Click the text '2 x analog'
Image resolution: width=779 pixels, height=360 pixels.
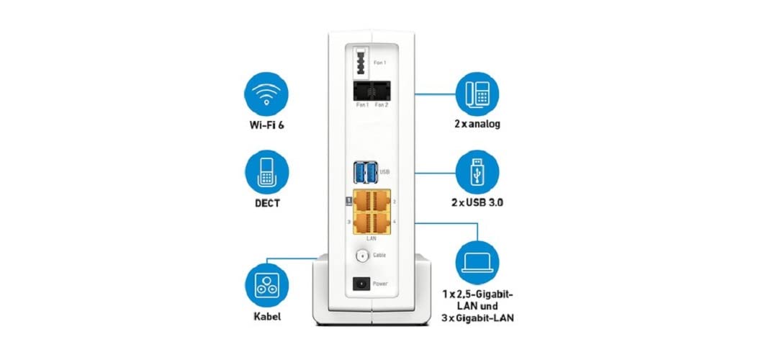click(x=477, y=125)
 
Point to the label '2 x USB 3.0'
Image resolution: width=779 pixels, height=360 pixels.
click(x=477, y=203)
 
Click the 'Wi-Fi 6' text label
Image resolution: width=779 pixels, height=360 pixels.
click(x=263, y=125)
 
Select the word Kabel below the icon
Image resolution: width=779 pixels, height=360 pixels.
click(x=262, y=317)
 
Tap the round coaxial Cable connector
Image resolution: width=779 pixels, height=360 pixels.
click(x=359, y=255)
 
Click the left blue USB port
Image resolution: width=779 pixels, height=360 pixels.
click(x=359, y=172)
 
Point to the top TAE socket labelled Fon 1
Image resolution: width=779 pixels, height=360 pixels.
click(x=359, y=60)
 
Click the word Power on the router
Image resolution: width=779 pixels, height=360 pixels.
click(x=380, y=284)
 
